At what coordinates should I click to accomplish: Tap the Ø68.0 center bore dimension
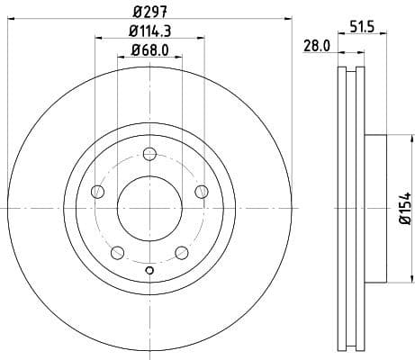[149, 51]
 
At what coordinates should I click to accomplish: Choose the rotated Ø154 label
[404, 209]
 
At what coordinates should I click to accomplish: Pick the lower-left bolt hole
[118, 252]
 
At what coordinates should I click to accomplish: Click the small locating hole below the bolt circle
[149, 273]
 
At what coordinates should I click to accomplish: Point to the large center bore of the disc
[149, 208]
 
